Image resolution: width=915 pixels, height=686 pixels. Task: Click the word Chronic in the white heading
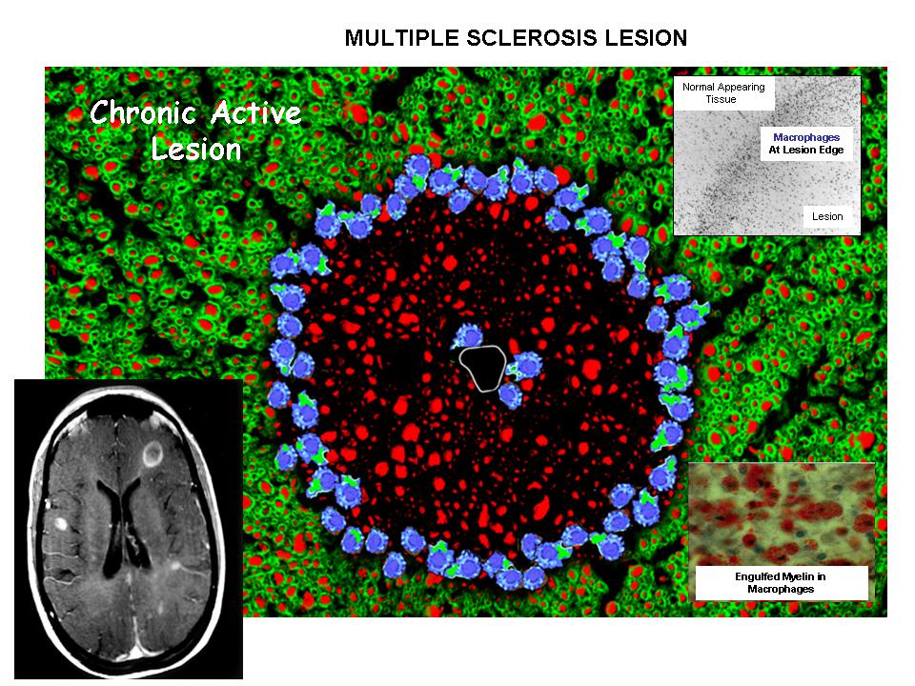(x=145, y=114)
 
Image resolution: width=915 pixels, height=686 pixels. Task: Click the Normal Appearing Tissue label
(x=722, y=93)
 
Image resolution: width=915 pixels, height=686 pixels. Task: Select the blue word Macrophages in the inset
(x=806, y=138)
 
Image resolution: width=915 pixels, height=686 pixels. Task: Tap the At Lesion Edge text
(x=806, y=151)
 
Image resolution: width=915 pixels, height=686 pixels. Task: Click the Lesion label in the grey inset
(x=827, y=216)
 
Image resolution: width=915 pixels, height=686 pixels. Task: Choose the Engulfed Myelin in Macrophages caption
(x=781, y=583)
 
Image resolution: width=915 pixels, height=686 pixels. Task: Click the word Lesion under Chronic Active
(x=195, y=150)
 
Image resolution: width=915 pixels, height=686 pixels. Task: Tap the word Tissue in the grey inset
(x=722, y=99)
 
